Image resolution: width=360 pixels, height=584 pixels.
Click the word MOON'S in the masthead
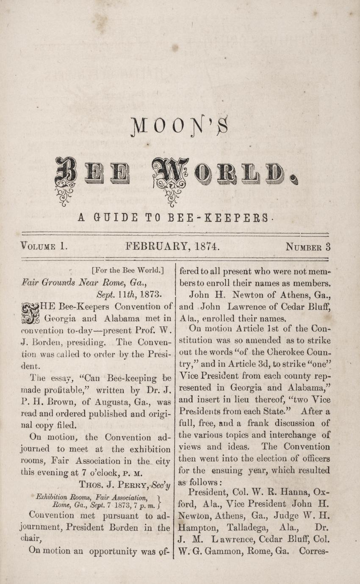point(180,126)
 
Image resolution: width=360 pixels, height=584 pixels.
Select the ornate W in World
point(170,173)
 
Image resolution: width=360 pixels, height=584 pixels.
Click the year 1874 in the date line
point(205,246)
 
